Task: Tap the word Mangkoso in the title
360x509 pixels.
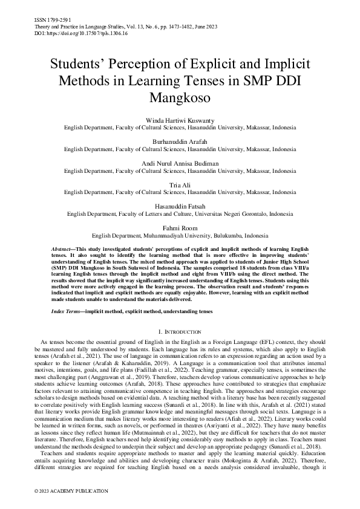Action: pyautogui.click(x=180, y=97)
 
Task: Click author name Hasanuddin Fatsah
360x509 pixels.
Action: pyautogui.click(x=180, y=206)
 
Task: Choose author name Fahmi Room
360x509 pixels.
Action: pyautogui.click(x=180, y=227)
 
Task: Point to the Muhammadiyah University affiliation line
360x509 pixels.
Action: pyautogui.click(x=180, y=235)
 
